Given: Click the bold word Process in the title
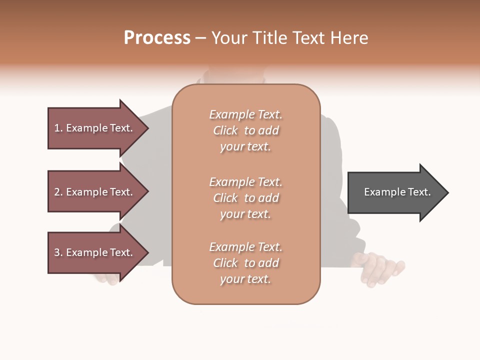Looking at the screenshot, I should click(157, 38).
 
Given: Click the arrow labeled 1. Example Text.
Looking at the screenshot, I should click(95, 128).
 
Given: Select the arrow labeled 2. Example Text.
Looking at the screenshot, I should click(95, 192).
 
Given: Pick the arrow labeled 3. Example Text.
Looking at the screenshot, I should click(95, 252).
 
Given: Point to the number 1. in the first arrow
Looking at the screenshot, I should click(58, 128).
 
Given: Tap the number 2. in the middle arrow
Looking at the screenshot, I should click(58, 192).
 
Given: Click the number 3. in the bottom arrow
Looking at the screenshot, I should click(58, 252).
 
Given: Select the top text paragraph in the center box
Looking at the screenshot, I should click(245, 130).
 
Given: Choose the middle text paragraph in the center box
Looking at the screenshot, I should click(245, 198).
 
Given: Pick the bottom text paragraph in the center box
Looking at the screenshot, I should click(245, 263).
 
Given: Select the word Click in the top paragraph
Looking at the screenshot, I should click(225, 130).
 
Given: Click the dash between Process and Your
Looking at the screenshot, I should click(200, 38).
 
